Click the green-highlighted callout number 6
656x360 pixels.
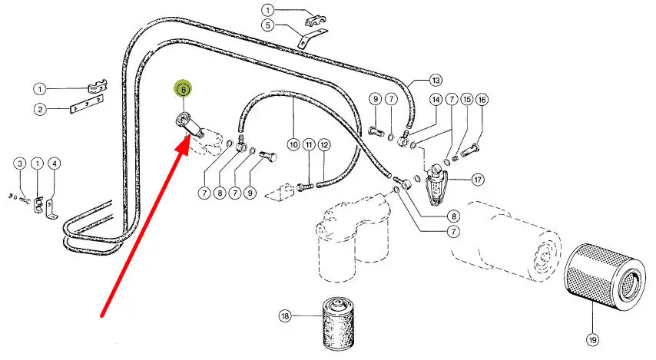pyautogui.click(x=184, y=90)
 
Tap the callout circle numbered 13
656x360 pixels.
pyautogui.click(x=436, y=81)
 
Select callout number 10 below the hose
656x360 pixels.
pyautogui.click(x=293, y=144)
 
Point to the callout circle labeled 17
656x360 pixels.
pyautogui.click(x=479, y=180)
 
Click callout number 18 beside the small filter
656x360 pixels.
pyautogui.click(x=286, y=315)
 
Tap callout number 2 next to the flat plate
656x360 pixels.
pyautogui.click(x=39, y=109)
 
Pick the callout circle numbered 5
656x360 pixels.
pyautogui.click(x=267, y=25)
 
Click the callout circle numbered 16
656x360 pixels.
pyautogui.click(x=482, y=100)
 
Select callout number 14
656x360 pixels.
pyautogui.click(x=436, y=100)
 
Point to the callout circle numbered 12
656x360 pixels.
pyautogui.click(x=324, y=144)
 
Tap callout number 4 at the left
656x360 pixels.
pyautogui.click(x=55, y=163)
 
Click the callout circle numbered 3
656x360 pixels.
pyautogui.click(x=19, y=163)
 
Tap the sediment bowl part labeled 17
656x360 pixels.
pyautogui.click(x=437, y=183)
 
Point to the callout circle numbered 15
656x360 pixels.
pyautogui.click(x=466, y=100)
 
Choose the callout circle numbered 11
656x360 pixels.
pyautogui.click(x=308, y=144)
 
